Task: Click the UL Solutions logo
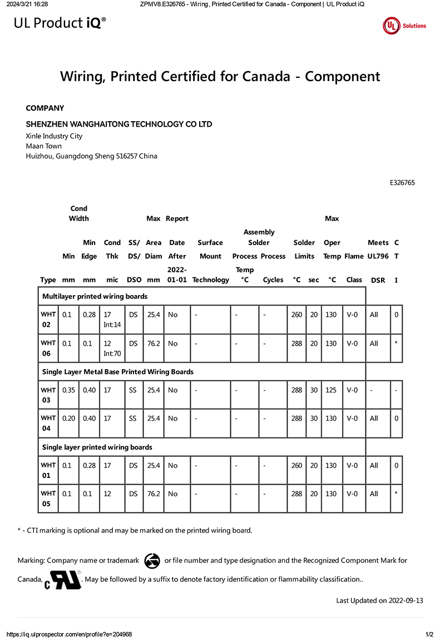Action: pos(404,26)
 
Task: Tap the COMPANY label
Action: pos(45,108)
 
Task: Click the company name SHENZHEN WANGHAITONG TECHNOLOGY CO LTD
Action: pos(119,124)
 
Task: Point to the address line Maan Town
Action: pos(44,146)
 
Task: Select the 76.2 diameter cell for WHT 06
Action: pos(154,343)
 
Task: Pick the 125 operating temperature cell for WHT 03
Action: pos(331,390)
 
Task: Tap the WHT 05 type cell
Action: pos(48,499)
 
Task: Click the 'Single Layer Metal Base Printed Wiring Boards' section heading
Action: pos(118,372)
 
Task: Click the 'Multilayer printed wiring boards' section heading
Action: pos(95,297)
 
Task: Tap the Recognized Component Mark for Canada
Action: pos(63,579)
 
